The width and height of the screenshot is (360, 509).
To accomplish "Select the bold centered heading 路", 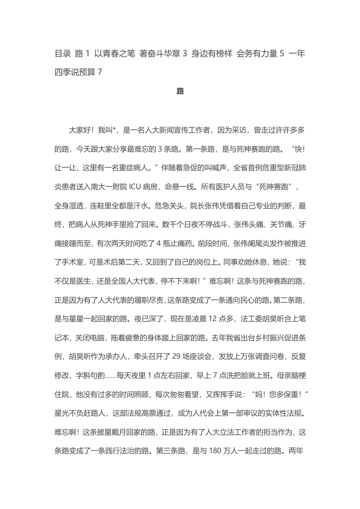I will click(x=180, y=91).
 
